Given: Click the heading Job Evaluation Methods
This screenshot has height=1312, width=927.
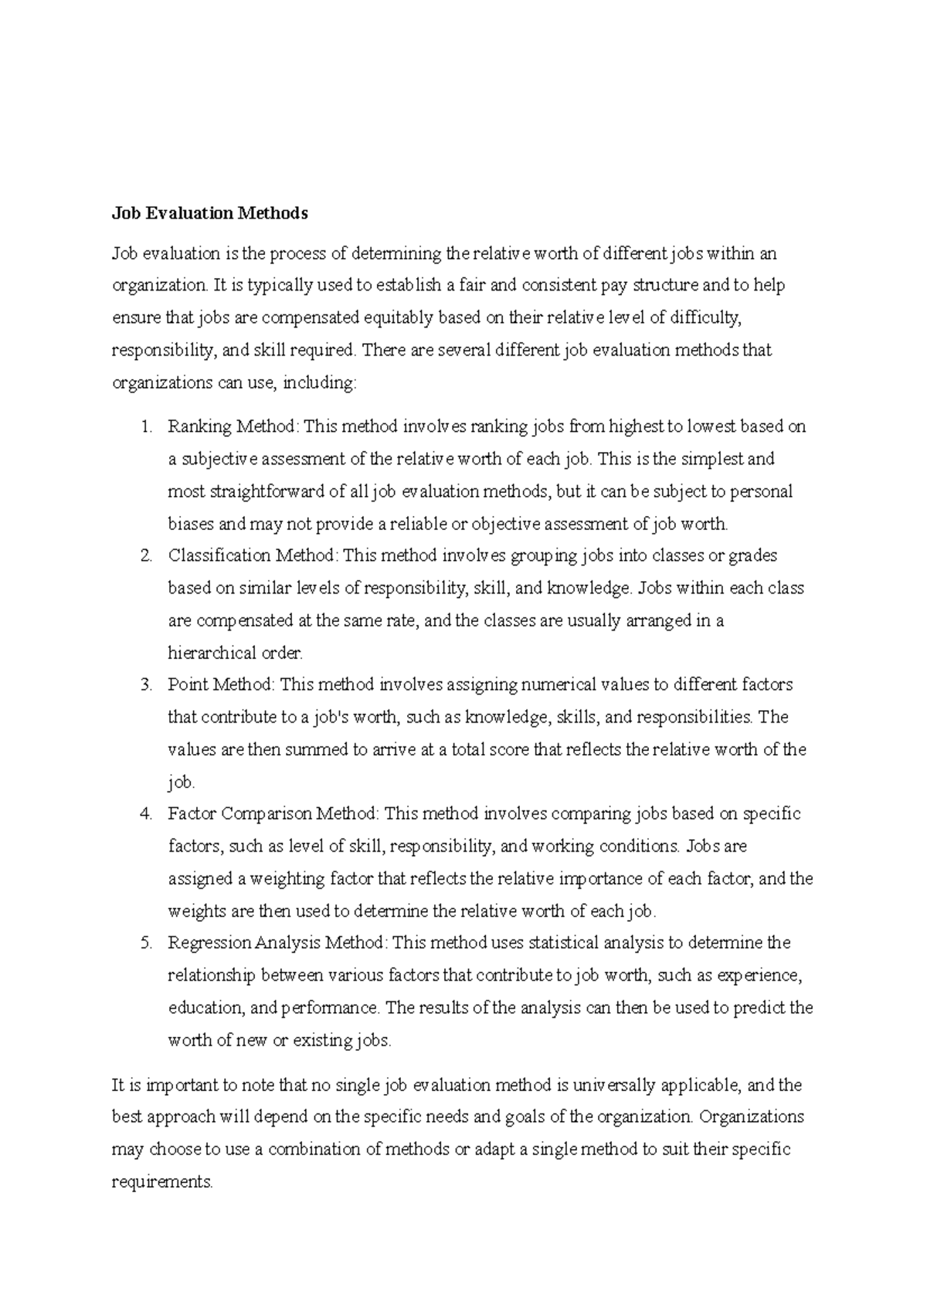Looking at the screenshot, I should point(210,214).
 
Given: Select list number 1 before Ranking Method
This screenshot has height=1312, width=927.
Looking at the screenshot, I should point(147,427).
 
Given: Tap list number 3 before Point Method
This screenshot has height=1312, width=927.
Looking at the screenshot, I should point(147,685).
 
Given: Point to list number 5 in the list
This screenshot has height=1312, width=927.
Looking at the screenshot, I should point(147,943).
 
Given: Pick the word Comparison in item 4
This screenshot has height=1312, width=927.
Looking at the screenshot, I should point(267,814).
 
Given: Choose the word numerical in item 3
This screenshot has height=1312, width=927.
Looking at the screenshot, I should point(558,685).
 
